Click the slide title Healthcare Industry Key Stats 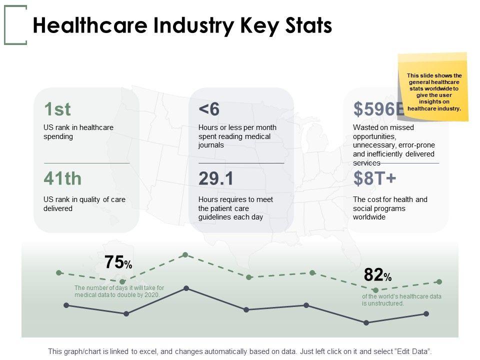point(182,25)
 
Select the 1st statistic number point(57,109)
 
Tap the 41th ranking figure point(62,178)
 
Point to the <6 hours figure point(209,109)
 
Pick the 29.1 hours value point(216,178)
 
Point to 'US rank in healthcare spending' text point(78,132)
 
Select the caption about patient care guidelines point(235,208)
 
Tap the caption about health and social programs point(390,208)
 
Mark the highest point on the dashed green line point(185,255)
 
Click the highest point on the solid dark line point(186,288)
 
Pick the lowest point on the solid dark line point(366,322)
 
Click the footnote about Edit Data point(239,351)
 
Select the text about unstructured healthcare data point(401,300)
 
